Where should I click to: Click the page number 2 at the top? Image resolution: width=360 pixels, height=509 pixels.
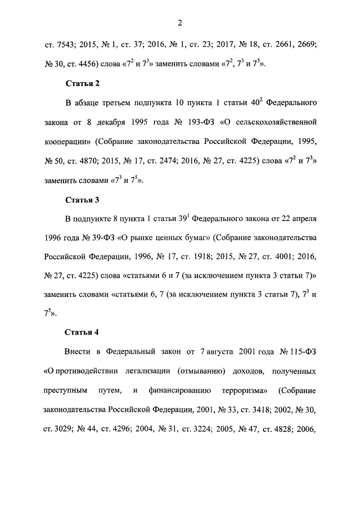point(179,22)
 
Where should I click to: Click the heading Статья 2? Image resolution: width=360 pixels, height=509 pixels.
point(82,84)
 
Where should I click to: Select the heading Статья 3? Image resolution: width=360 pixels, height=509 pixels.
point(82,200)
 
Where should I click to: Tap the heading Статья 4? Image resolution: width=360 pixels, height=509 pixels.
point(82,331)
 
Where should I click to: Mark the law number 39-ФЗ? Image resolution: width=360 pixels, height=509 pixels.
point(100,237)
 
